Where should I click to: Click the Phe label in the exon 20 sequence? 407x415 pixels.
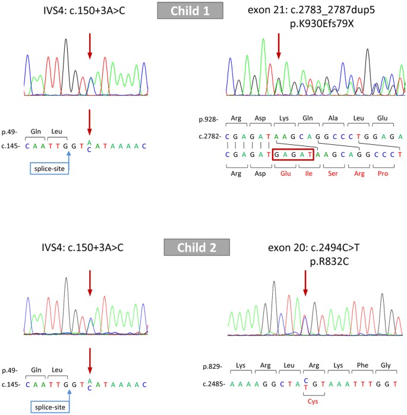pos(362,368)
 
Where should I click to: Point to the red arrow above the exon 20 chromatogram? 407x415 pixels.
pos(305,286)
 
